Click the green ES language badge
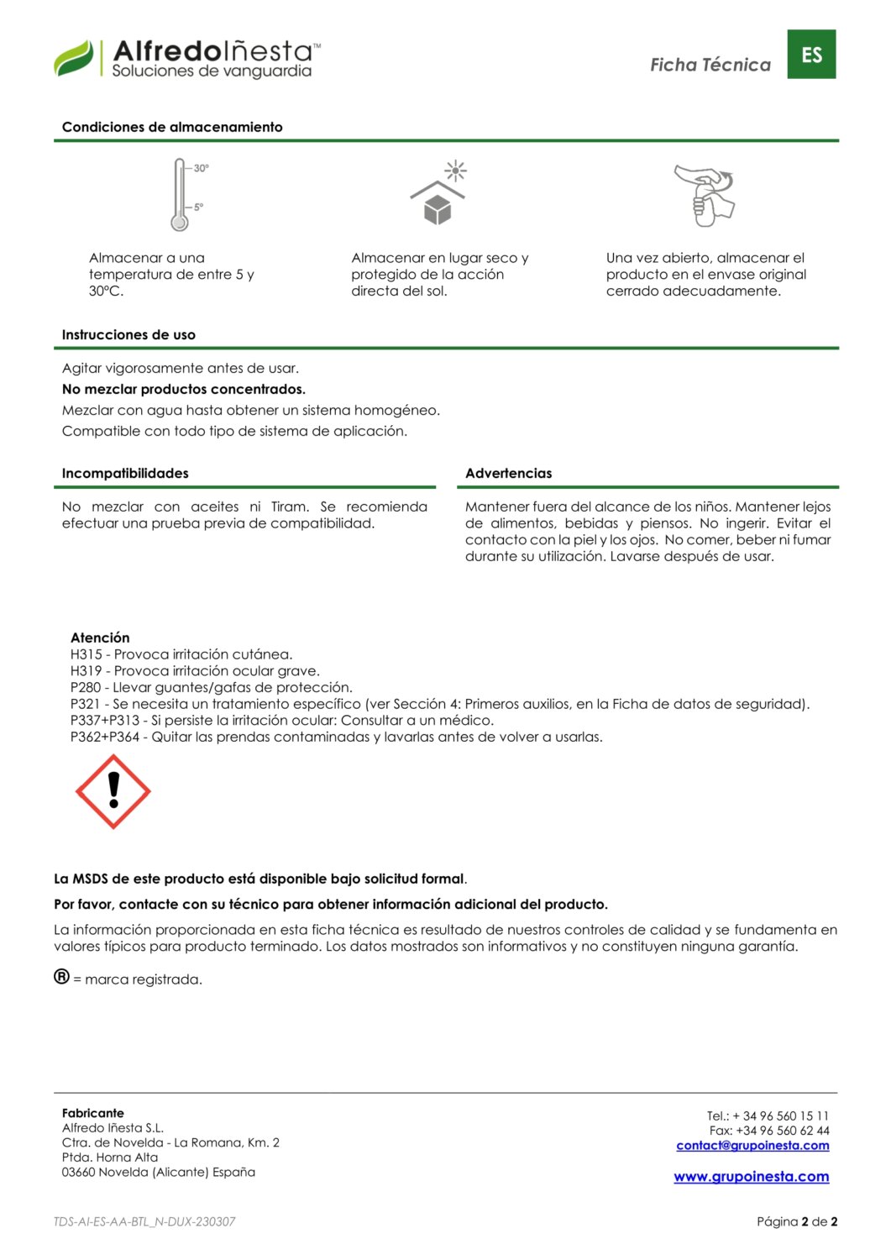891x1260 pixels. [x=811, y=55]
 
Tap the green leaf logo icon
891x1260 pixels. [x=74, y=59]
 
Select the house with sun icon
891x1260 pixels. [x=438, y=194]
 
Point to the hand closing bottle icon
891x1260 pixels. [x=705, y=195]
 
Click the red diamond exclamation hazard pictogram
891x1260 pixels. [x=113, y=792]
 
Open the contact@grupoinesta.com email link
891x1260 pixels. [x=752, y=1146]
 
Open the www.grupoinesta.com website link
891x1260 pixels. [x=751, y=1177]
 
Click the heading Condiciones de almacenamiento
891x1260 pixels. [x=172, y=127]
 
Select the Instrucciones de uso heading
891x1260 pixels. [x=128, y=334]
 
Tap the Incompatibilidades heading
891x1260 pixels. [x=125, y=473]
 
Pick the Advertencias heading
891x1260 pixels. [x=509, y=473]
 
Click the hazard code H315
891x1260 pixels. [x=86, y=654]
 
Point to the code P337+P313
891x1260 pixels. [x=105, y=721]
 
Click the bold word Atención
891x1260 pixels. [x=100, y=638]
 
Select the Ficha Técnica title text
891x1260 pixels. [x=710, y=65]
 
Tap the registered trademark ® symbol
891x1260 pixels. [x=62, y=977]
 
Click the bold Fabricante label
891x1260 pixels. [x=92, y=1113]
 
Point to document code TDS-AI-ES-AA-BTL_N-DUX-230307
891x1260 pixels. [x=144, y=1221]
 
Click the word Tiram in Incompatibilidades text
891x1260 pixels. [x=288, y=507]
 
